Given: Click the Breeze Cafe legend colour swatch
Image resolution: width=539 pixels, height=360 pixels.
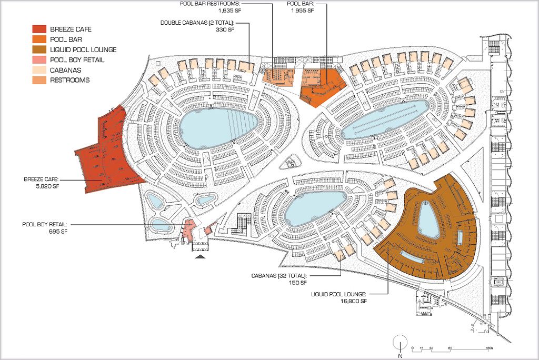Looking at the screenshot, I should point(39,29).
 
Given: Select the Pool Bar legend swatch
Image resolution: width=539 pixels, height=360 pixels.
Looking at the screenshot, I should point(39,39).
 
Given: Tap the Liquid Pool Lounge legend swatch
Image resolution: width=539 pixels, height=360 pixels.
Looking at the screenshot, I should point(39,49).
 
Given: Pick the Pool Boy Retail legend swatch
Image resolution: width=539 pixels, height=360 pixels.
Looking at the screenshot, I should point(39,60).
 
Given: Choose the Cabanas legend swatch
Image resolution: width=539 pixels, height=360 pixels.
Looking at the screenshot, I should point(39,70).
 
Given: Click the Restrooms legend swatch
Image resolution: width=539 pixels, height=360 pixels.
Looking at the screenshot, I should point(39,80).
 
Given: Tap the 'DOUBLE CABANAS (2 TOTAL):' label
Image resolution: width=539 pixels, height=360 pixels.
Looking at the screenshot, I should point(197,23).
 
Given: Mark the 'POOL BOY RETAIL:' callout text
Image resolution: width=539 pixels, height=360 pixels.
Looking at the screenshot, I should point(45,224).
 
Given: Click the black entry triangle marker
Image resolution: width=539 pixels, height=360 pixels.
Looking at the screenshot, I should point(201,257).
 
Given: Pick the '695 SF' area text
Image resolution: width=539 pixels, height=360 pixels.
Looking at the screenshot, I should point(59,231).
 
